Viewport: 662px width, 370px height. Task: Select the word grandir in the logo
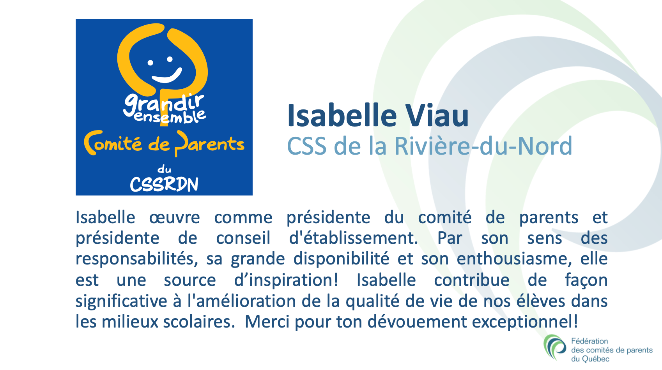tap(164, 105)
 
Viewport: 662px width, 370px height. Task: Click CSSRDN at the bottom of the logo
tap(164, 184)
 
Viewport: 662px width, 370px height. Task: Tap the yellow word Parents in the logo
tap(209, 144)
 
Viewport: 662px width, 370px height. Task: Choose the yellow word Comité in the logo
tap(113, 143)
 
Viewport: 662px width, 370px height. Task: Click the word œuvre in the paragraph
tap(174, 218)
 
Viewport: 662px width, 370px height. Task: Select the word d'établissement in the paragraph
tap(354, 238)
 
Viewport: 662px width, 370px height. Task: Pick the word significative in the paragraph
tap(122, 301)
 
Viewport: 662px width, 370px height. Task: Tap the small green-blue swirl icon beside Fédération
tap(555, 347)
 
